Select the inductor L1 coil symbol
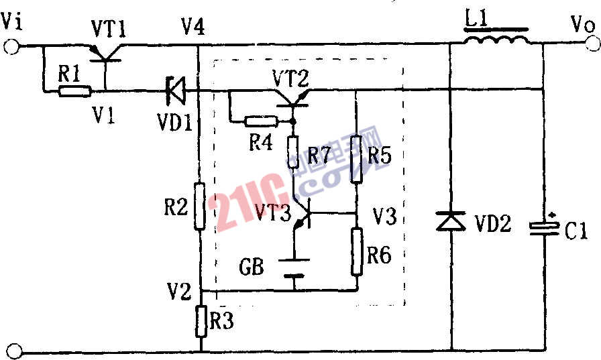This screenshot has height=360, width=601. (x=497, y=39)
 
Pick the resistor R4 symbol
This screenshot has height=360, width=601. (x=260, y=122)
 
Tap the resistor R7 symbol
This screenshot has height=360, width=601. (x=294, y=152)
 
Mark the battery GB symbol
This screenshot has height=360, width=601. (x=294, y=267)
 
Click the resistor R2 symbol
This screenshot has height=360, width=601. (x=200, y=206)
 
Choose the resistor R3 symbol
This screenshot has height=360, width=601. (x=201, y=320)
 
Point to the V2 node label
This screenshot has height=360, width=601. (x=179, y=292)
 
